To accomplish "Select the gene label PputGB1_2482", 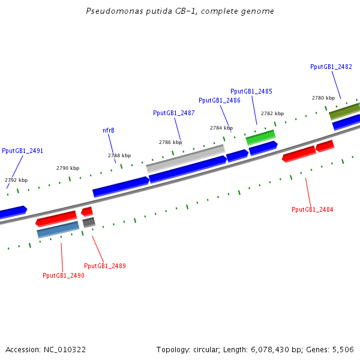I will coord(331,67).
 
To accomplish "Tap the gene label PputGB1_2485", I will coord(251,91).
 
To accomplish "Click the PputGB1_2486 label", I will coord(220,100).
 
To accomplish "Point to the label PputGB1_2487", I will coord(174,113).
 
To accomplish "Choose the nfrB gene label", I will coord(109,130).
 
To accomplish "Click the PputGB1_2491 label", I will coord(23,151).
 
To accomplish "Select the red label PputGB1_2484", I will coord(313,209).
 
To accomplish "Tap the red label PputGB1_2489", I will coord(105,266).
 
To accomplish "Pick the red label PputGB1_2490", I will coord(64,275).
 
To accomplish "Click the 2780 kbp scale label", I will coord(323,98).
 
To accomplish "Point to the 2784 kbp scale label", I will coord(221,128).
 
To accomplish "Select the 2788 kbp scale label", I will coord(119,155).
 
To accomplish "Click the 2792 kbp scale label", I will coord(16,180).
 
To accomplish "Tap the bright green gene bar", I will coord(260,137).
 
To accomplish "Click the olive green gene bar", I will coord(344,110).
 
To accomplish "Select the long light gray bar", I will coord(185,158).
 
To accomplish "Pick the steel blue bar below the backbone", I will coord(58,229).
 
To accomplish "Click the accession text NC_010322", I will coord(46,349).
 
